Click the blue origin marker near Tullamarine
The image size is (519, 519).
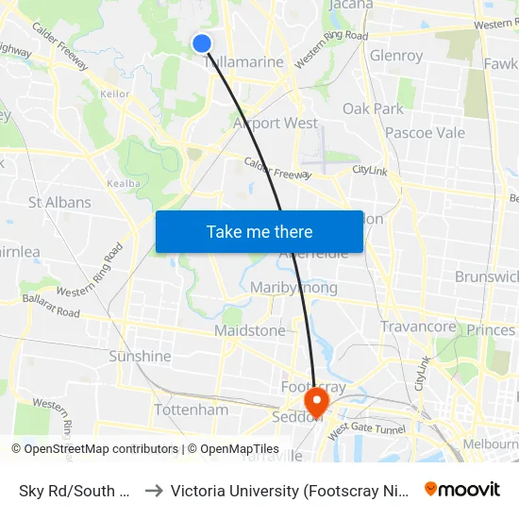coord(202,42)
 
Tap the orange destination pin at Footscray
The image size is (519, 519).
coord(316,404)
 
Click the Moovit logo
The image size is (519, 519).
coord(462,490)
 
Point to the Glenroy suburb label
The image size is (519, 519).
coord(396,56)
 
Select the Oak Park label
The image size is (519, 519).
coord(373,109)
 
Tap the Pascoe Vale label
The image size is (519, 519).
coord(425,133)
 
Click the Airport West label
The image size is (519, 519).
coord(275,124)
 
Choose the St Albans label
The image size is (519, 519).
coord(59,202)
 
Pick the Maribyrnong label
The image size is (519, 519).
coord(293,287)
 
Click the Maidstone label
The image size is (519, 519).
coord(249,331)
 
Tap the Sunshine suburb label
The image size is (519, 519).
coord(140,357)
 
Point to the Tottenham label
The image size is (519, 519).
coord(191,410)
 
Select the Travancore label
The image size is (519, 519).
coord(418,326)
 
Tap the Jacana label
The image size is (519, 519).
coord(352,5)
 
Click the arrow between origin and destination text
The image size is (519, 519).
coord(154,491)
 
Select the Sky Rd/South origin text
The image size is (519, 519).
coord(74,491)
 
